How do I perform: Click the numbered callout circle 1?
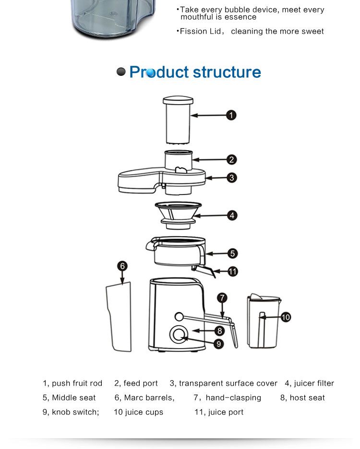click(231, 115)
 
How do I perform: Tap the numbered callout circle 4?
click(232, 216)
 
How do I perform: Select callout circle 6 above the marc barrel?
click(123, 266)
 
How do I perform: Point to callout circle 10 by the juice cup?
click(285, 317)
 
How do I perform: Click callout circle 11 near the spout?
click(232, 272)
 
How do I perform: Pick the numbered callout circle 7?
click(222, 298)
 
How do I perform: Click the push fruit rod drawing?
click(178, 120)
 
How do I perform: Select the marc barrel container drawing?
click(119, 317)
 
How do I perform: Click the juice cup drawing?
click(263, 322)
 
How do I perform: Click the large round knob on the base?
click(179, 334)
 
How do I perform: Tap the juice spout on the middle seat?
click(206, 271)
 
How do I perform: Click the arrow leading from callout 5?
click(216, 254)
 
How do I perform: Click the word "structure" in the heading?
click(227, 73)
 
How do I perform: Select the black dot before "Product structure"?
click(121, 72)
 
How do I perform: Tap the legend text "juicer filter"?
click(314, 383)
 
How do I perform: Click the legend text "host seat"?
click(307, 398)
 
